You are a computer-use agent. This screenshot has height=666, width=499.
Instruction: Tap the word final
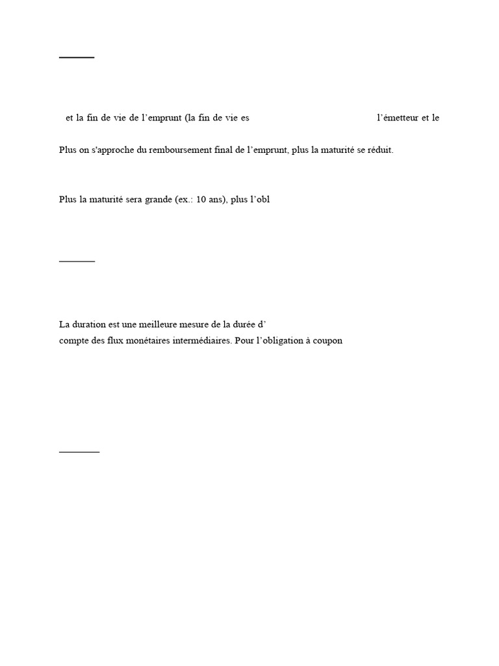(224, 150)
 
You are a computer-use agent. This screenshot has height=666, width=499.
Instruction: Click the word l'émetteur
(397, 118)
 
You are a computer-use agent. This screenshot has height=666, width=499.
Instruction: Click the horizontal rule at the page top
(77, 58)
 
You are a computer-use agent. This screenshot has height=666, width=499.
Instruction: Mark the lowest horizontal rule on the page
(79, 451)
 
